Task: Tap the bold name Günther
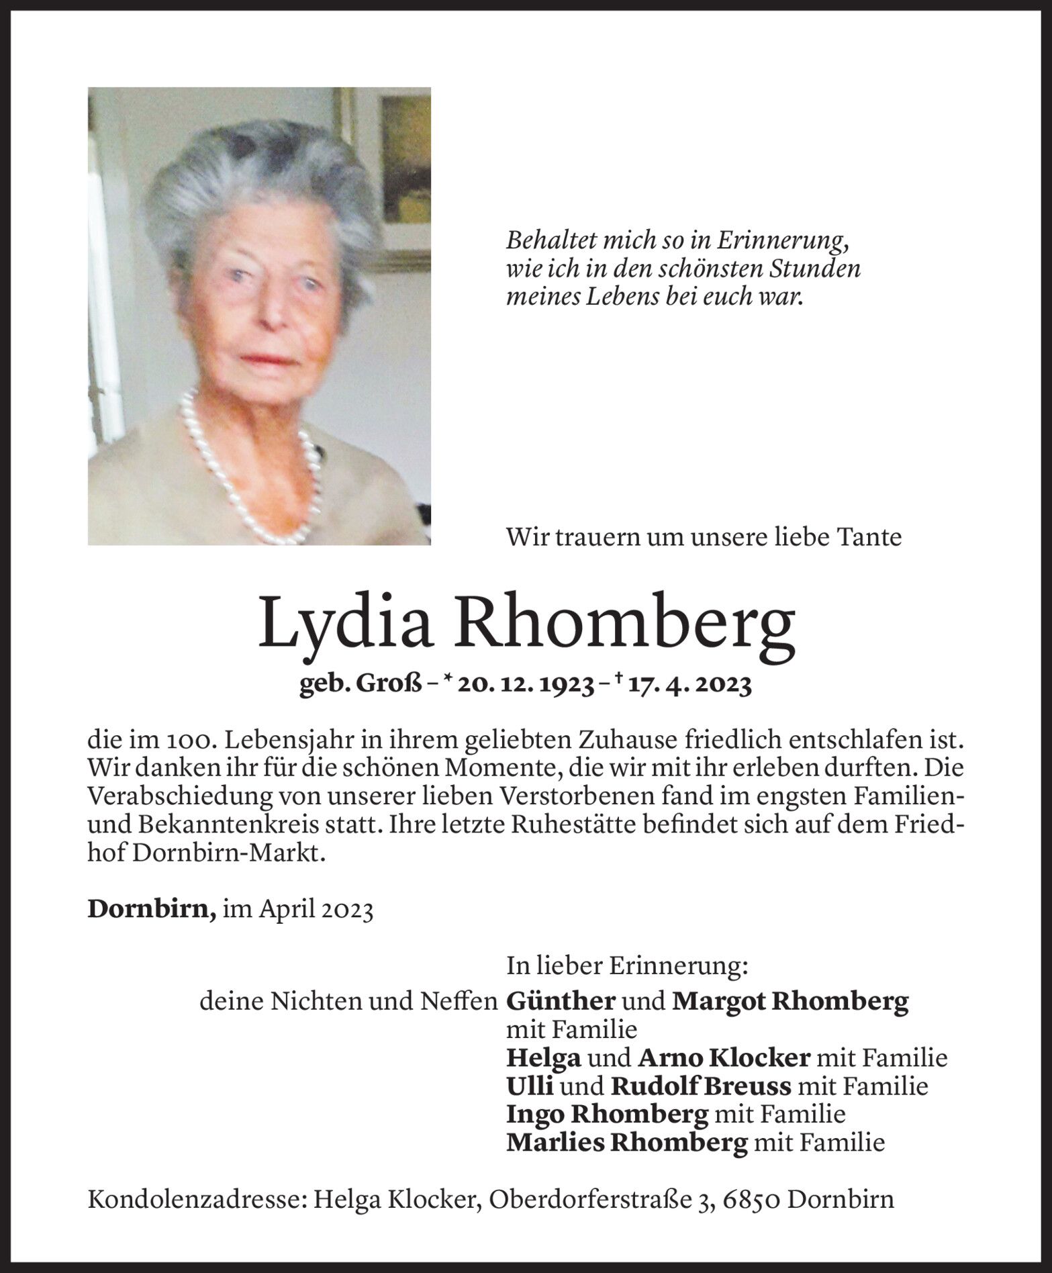(561, 1002)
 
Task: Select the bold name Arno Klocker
(724, 1058)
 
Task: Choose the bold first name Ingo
(535, 1115)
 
